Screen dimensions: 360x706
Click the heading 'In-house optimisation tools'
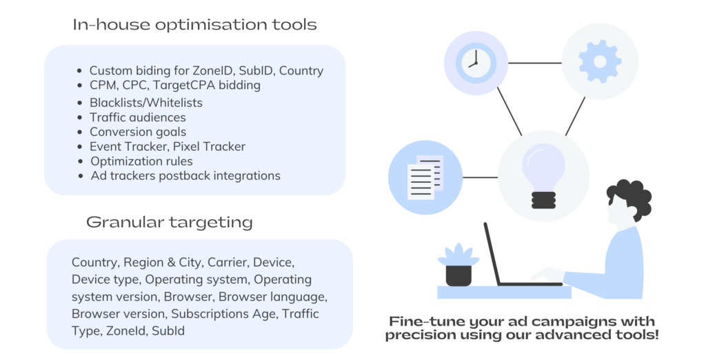pos(194,25)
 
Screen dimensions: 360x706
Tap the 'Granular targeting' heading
pos(169,222)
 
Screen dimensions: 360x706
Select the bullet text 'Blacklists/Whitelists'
pos(145,102)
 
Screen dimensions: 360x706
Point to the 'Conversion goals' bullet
pos(137,132)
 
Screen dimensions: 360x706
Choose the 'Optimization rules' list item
pos(141,161)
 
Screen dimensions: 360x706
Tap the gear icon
pos(599,62)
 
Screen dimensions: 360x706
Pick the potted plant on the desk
pos(458,265)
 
